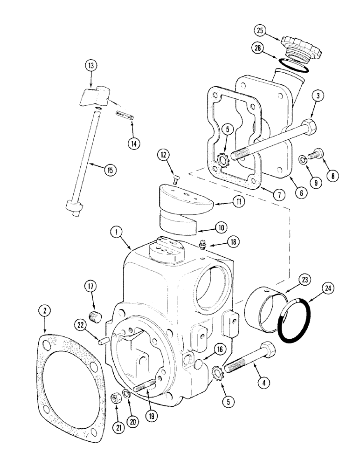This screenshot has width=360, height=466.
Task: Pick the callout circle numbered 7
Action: click(278, 195)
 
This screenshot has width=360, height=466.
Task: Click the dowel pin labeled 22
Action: click(103, 343)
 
